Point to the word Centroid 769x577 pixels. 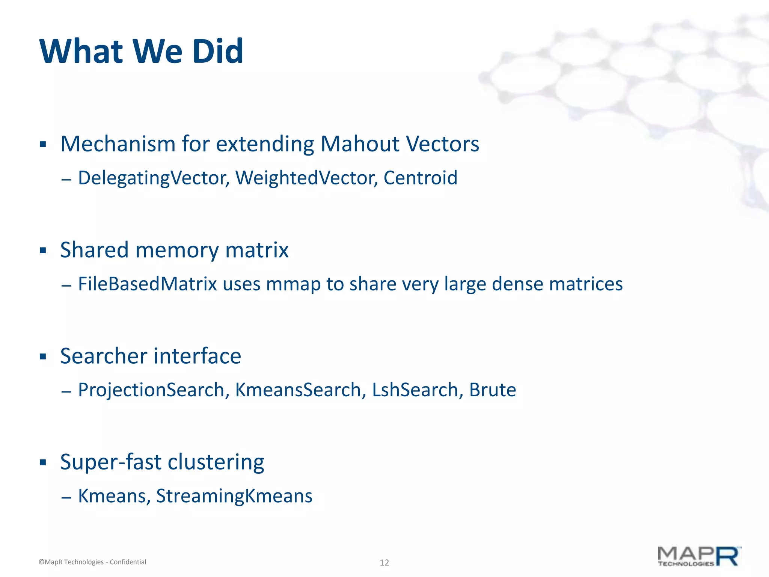coord(420,178)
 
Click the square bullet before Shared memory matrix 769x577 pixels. coord(43,251)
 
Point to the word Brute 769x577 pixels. coord(493,390)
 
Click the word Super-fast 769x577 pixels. coord(111,462)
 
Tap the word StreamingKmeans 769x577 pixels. coord(234,496)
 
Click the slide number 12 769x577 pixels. coord(384,562)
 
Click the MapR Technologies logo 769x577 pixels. coord(699,557)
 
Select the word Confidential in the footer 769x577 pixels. coord(128,562)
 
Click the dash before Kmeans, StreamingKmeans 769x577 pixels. coord(66,498)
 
